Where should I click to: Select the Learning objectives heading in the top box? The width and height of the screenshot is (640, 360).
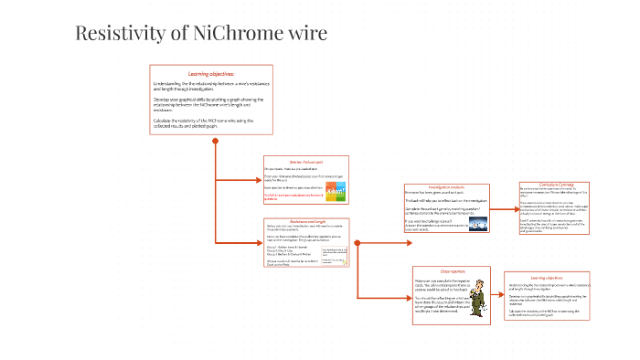click(211, 73)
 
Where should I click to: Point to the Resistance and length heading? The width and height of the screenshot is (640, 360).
click(300, 222)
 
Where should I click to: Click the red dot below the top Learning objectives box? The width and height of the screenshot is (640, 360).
click(215, 141)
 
